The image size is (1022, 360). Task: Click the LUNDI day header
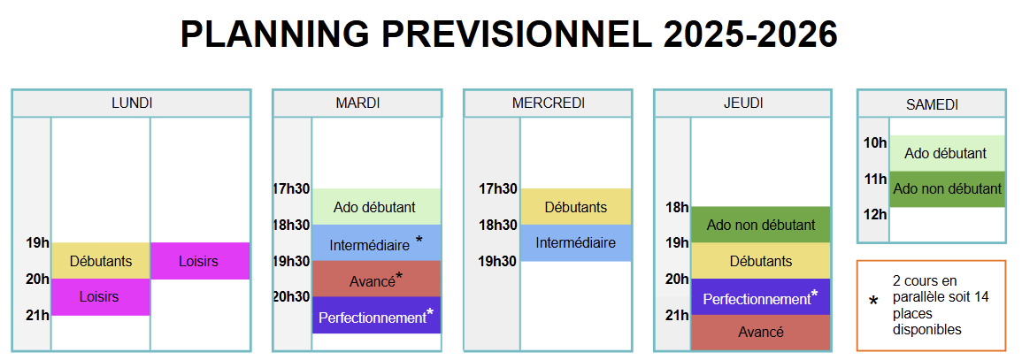[x=132, y=103]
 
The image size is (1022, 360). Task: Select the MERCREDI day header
[x=548, y=103]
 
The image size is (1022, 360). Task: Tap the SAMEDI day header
[x=932, y=104]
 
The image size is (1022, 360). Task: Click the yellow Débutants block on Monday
[x=101, y=261]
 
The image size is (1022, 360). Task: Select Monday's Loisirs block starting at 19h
[x=200, y=261]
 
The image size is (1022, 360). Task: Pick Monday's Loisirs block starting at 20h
[x=101, y=297]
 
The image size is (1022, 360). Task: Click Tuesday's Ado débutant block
[x=377, y=207]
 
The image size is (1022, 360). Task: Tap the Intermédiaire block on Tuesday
[x=377, y=243]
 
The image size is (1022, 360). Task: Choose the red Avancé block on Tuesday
[x=377, y=280]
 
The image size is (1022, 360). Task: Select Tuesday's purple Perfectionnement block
[x=377, y=315]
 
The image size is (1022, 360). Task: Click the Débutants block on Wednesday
[x=575, y=207]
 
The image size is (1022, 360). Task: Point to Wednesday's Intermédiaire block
[x=575, y=243]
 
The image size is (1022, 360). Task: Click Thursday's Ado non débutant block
[x=761, y=226]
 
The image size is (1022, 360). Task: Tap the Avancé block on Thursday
[x=761, y=333]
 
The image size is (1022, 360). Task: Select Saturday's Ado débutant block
[x=946, y=154]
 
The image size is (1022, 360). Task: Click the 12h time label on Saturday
[x=875, y=214]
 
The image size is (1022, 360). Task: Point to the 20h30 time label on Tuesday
[x=291, y=297]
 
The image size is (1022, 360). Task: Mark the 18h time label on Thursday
[x=677, y=208]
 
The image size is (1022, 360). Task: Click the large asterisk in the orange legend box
[x=874, y=303]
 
